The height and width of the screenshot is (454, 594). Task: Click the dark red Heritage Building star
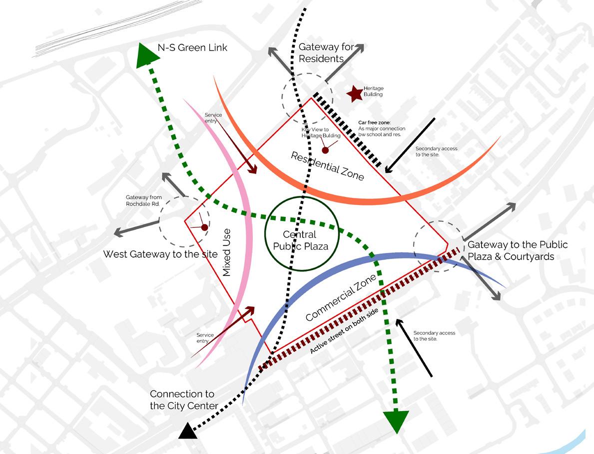pos(355,93)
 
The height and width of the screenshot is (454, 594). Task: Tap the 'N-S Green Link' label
pos(192,48)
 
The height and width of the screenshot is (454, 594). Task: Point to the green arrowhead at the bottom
pos(396,420)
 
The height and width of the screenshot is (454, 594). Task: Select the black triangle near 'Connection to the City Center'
pos(188,431)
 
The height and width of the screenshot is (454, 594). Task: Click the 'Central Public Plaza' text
pos(300,240)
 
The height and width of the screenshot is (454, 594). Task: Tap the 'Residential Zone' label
pos(327,165)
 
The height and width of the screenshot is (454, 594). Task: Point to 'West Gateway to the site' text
pos(160,254)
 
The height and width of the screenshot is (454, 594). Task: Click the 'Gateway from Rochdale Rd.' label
pos(144,200)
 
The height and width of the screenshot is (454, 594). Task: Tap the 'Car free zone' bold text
pos(375,122)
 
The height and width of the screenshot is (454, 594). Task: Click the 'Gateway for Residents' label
pos(326,52)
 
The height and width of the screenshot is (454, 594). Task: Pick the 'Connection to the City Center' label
pos(184,400)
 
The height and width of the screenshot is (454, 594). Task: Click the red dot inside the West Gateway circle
pos(204,227)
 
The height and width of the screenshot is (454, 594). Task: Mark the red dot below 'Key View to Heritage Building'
pos(325,150)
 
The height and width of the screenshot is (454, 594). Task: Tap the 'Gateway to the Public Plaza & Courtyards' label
pos(517,250)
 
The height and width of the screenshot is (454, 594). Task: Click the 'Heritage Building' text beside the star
pos(373,91)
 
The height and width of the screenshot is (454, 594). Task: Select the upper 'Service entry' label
pos(213,118)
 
